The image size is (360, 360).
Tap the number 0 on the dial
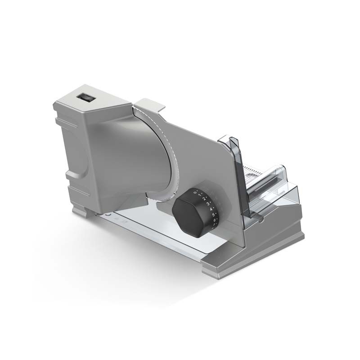(x=195, y=192)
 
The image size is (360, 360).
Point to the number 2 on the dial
(x=204, y=199)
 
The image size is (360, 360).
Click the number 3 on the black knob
(x=208, y=204)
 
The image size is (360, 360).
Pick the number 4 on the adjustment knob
(x=211, y=209)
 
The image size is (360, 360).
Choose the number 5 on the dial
(x=213, y=215)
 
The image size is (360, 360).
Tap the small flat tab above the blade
(x=150, y=104)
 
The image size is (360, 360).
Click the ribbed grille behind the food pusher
(x=256, y=173)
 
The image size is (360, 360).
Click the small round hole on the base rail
(x=107, y=215)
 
